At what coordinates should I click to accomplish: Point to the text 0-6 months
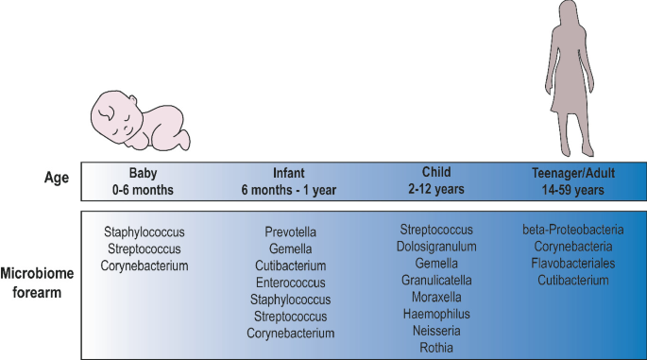(145, 188)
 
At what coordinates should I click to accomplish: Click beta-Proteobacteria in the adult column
(572, 230)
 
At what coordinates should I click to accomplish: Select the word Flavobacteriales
(572, 264)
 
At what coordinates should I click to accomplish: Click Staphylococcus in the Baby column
(145, 231)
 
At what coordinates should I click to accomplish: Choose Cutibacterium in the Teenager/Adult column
(572, 281)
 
